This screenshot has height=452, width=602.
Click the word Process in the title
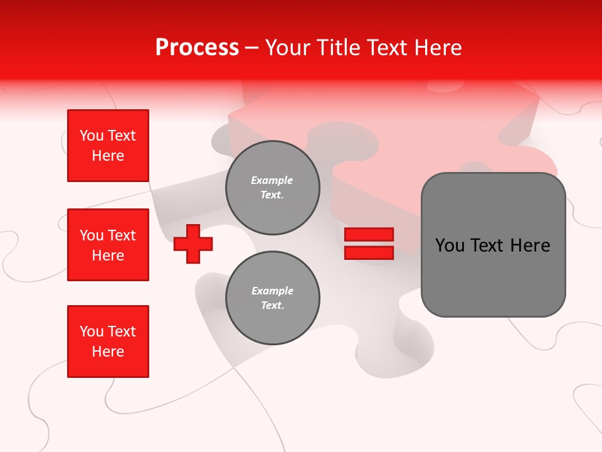coord(197,48)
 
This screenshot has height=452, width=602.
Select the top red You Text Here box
coord(108,146)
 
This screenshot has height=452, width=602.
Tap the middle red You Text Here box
coord(108,245)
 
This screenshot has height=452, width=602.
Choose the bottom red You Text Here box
coord(108,342)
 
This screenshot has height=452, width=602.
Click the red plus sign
coord(193,244)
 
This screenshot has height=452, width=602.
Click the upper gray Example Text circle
coord(272,188)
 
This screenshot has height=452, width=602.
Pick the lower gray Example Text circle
coord(272,298)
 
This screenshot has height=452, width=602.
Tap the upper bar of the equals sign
coord(369,235)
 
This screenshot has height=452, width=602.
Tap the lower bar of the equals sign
coord(369,252)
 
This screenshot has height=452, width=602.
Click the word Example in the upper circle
coord(272,181)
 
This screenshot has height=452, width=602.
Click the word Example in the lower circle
coord(272,291)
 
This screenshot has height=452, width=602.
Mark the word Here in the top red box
coord(108,156)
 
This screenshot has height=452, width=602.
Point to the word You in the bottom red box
coord(92,331)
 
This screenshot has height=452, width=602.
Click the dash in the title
coord(252,48)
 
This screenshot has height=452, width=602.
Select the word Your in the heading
coord(287,48)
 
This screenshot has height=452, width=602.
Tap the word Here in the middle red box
coord(108,256)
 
